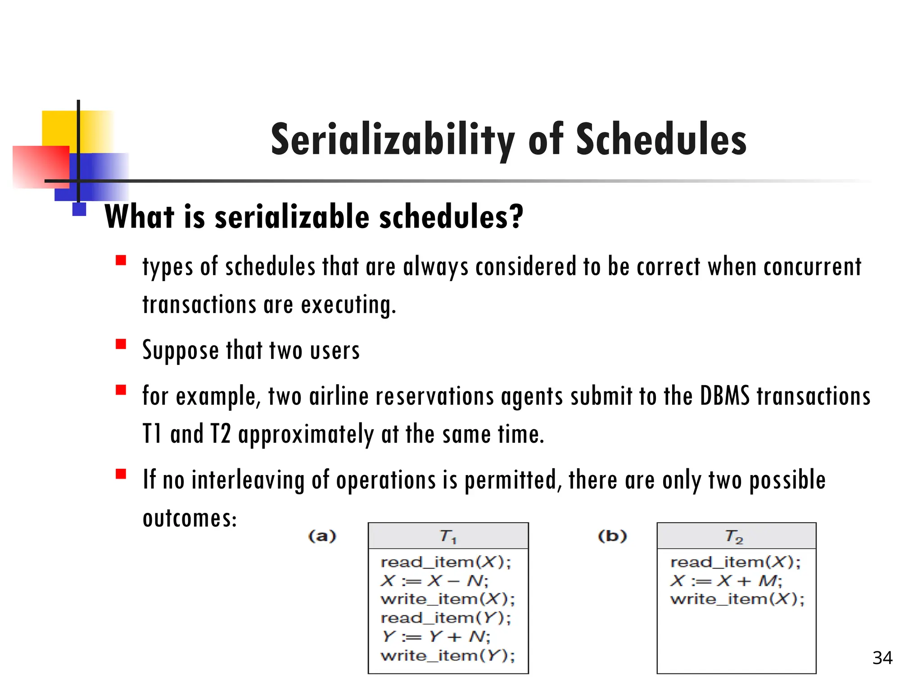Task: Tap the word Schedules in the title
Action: pyautogui.click(x=661, y=139)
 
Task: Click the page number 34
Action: pyautogui.click(x=882, y=658)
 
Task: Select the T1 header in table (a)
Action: pyautogui.click(x=448, y=536)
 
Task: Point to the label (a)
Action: pyautogui.click(x=322, y=536)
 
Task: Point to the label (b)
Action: pyautogui.click(x=612, y=536)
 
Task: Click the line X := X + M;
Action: pyautogui.click(x=726, y=581)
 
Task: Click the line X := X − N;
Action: pyautogui.click(x=434, y=581)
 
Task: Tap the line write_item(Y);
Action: pyautogui.click(x=447, y=655)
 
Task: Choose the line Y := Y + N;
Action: pyautogui.click(x=436, y=637)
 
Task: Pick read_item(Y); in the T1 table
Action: pyautogui.click(x=446, y=618)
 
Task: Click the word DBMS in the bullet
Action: pyautogui.click(x=725, y=397)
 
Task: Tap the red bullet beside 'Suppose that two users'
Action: pyautogui.click(x=121, y=345)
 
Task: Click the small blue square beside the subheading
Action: pyautogui.click(x=79, y=209)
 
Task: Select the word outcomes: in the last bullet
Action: pyautogui.click(x=190, y=518)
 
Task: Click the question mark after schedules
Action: pyautogui.click(x=516, y=217)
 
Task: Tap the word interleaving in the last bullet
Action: pyautogui.click(x=248, y=480)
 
